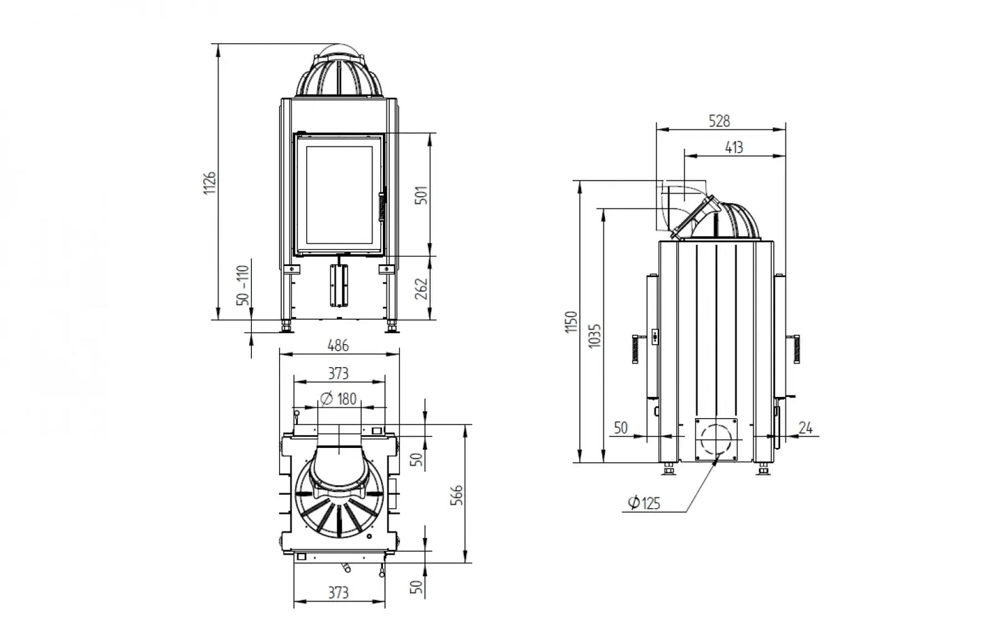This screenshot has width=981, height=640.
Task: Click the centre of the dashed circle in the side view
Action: coord(716,440)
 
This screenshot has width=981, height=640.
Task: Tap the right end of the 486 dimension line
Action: coord(399,354)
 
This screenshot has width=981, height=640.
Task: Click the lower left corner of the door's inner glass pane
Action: coord(306,244)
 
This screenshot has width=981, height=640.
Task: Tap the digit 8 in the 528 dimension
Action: coord(726,121)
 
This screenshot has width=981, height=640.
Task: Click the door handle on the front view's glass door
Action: coord(382,205)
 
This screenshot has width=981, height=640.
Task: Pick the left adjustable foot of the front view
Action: coord(287,326)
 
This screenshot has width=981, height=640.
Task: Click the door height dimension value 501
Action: coord(422,195)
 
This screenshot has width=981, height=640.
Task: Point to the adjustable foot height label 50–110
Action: coord(242,285)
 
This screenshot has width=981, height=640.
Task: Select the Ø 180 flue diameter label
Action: coord(338,399)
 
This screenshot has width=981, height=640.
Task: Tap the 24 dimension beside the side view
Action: coord(806,428)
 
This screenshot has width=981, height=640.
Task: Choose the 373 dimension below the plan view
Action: coord(339,592)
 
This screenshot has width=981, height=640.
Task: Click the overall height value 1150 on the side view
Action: coord(571,322)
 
